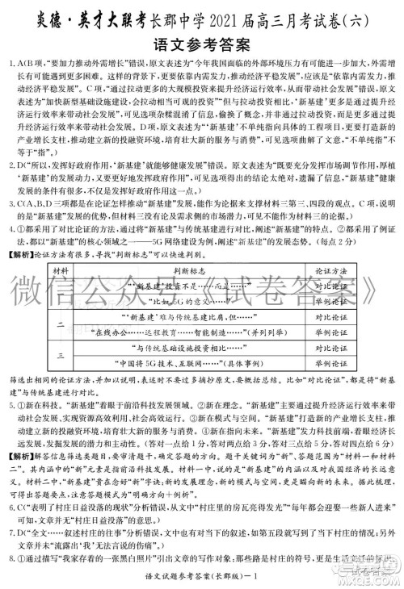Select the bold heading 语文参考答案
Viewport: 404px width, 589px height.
[201, 40]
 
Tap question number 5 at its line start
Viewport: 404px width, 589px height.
[7, 402]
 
